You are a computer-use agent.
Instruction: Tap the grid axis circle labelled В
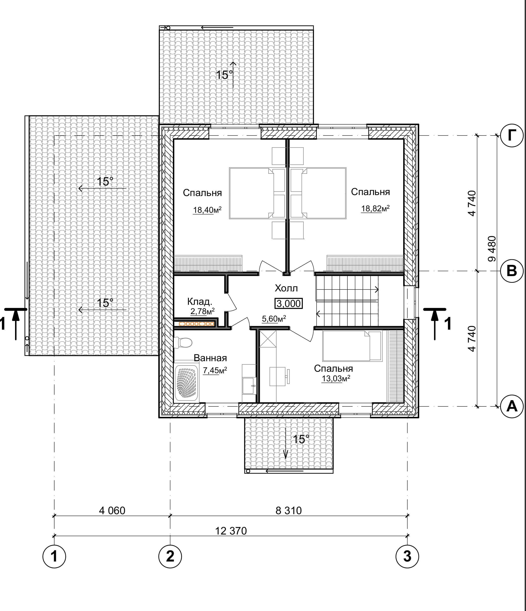click(512, 271)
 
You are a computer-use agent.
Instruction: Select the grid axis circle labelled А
click(512, 407)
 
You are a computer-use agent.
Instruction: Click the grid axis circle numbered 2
click(170, 556)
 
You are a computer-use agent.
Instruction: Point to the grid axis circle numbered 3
click(407, 556)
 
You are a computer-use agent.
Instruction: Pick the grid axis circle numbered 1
click(54, 556)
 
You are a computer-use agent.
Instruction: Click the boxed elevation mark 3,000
click(289, 303)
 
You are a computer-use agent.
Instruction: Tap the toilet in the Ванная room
click(183, 342)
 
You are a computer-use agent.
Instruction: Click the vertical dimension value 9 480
click(492, 249)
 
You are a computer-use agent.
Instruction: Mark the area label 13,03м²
click(336, 378)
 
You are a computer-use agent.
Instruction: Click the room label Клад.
click(200, 302)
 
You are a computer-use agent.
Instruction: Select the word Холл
click(286, 288)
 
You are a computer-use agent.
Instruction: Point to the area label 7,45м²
click(215, 370)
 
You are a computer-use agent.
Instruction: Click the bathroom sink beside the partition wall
click(249, 385)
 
